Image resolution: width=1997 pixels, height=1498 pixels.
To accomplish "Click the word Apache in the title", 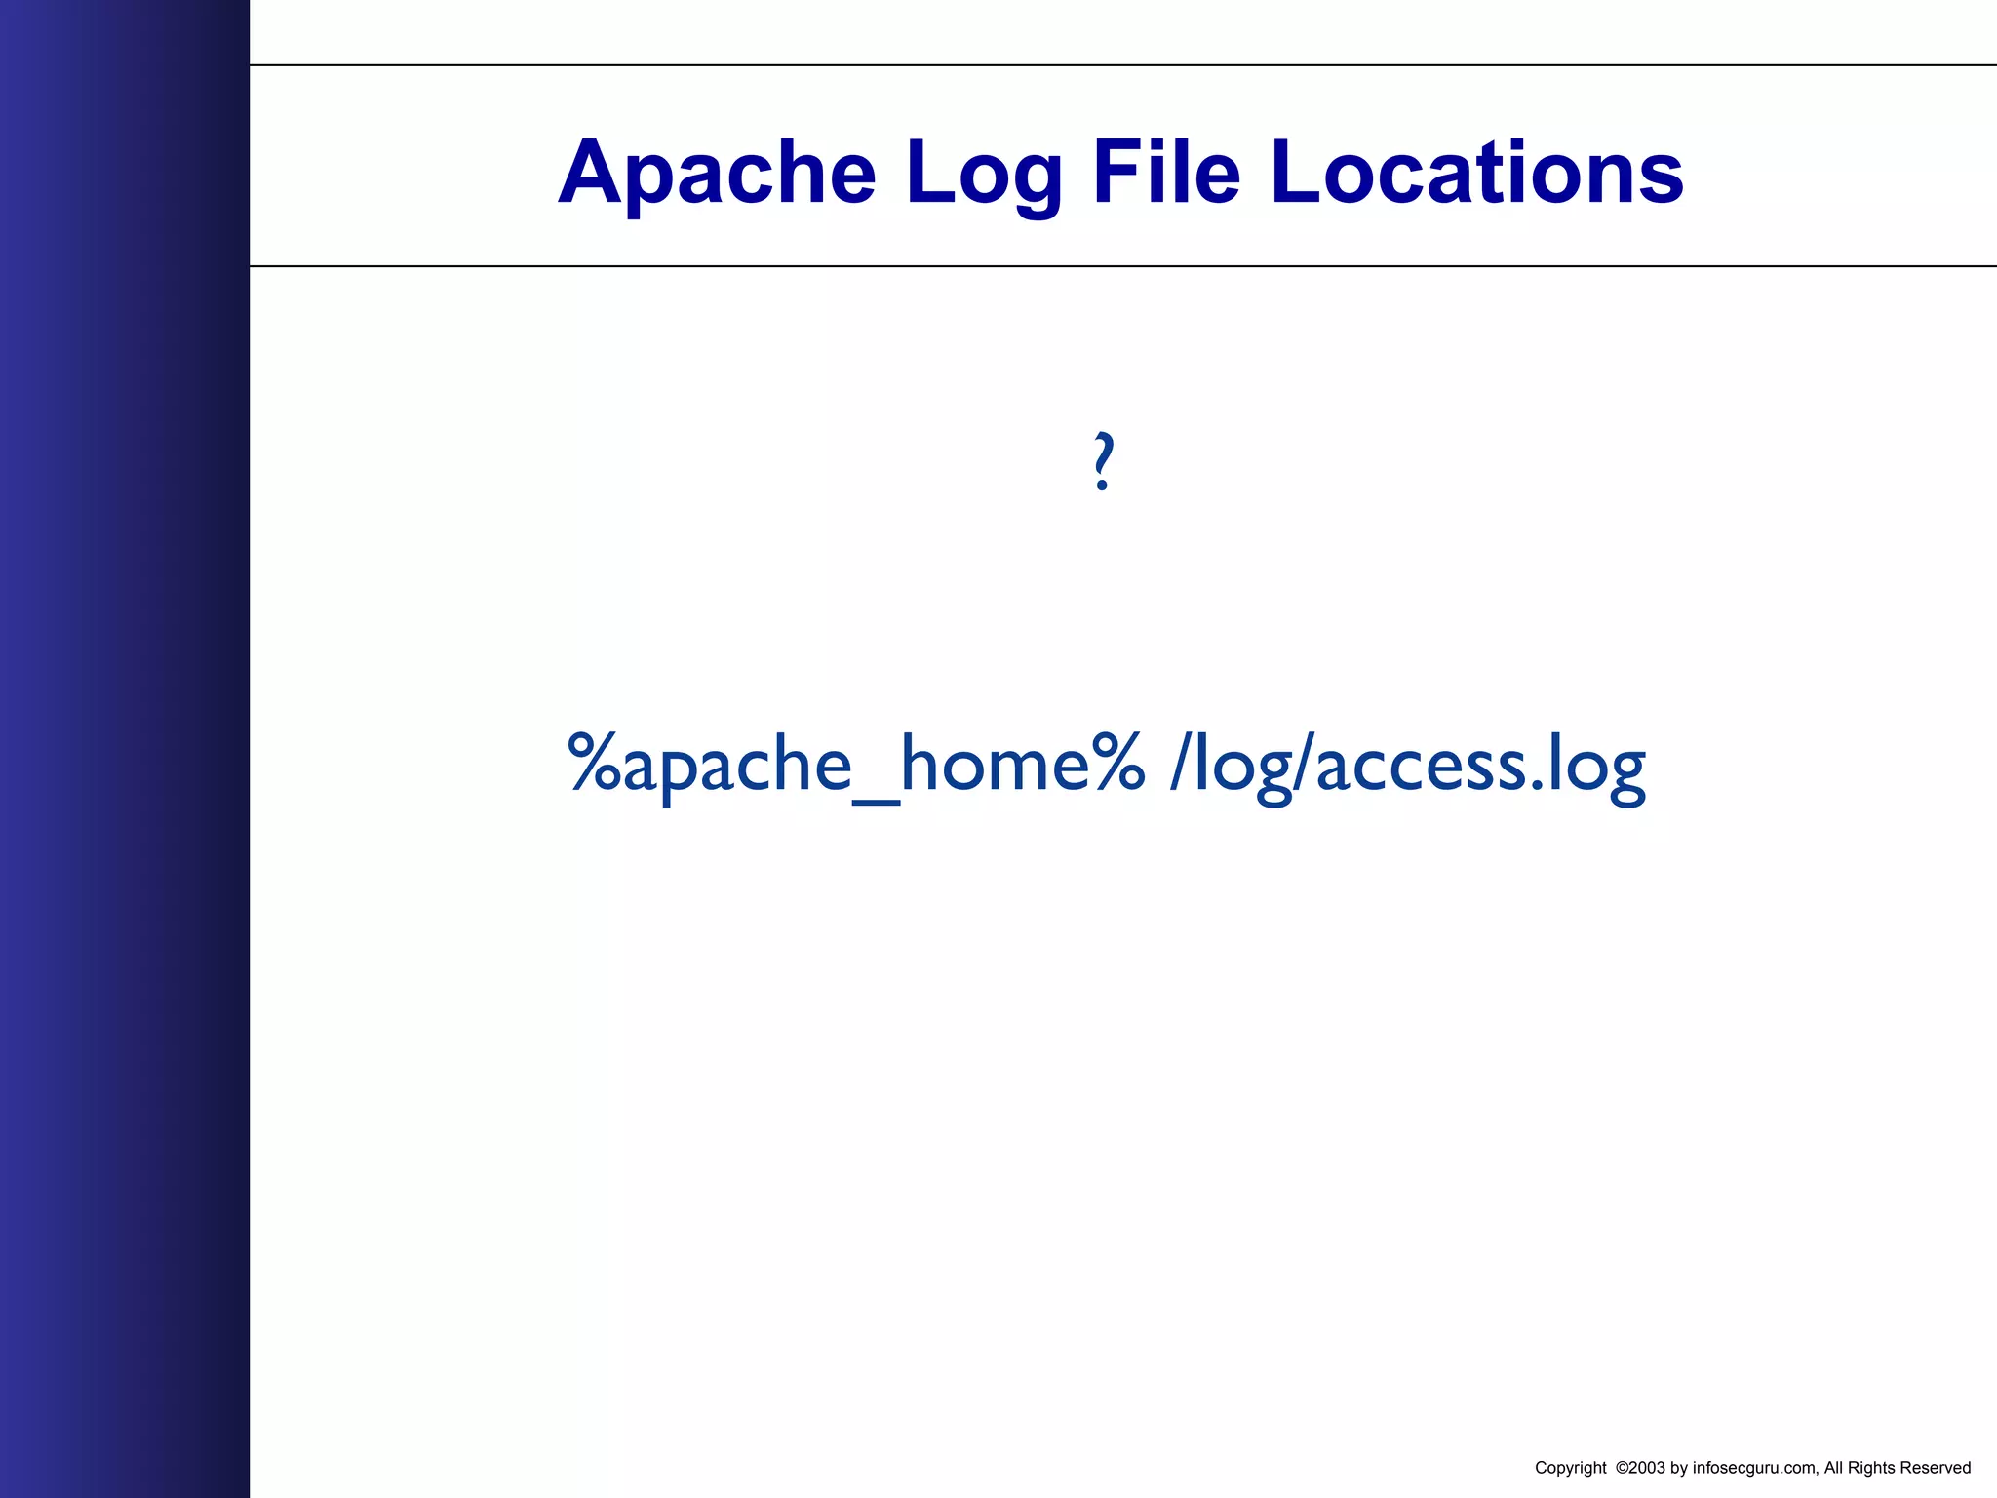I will point(717,173).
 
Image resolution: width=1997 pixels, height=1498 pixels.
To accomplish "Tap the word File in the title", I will point(1166,173).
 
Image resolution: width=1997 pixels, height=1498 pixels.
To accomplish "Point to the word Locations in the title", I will point(1476,173).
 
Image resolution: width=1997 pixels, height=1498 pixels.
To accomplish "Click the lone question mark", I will point(1103,460).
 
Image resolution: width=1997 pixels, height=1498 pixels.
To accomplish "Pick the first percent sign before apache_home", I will point(595,763).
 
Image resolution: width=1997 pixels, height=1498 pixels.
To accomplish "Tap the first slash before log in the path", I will point(1181,763).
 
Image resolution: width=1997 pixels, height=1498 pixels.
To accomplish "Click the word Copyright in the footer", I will point(1570,1468).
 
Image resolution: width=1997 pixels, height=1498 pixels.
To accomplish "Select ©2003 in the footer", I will point(1639,1468).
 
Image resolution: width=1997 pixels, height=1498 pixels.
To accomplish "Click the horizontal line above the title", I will point(1121,65).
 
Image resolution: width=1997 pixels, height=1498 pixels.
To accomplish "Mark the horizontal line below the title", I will point(1121,265).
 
